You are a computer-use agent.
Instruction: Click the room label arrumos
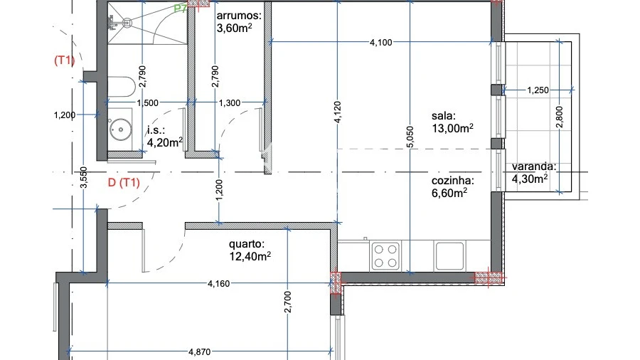(x=238, y=15)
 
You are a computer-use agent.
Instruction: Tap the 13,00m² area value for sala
(x=453, y=128)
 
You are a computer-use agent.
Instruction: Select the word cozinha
(x=452, y=181)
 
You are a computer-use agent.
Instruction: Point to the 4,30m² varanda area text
(x=530, y=179)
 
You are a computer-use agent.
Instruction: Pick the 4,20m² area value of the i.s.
(x=165, y=142)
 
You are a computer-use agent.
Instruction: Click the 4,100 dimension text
(x=380, y=43)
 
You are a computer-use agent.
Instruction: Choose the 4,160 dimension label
(x=220, y=284)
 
